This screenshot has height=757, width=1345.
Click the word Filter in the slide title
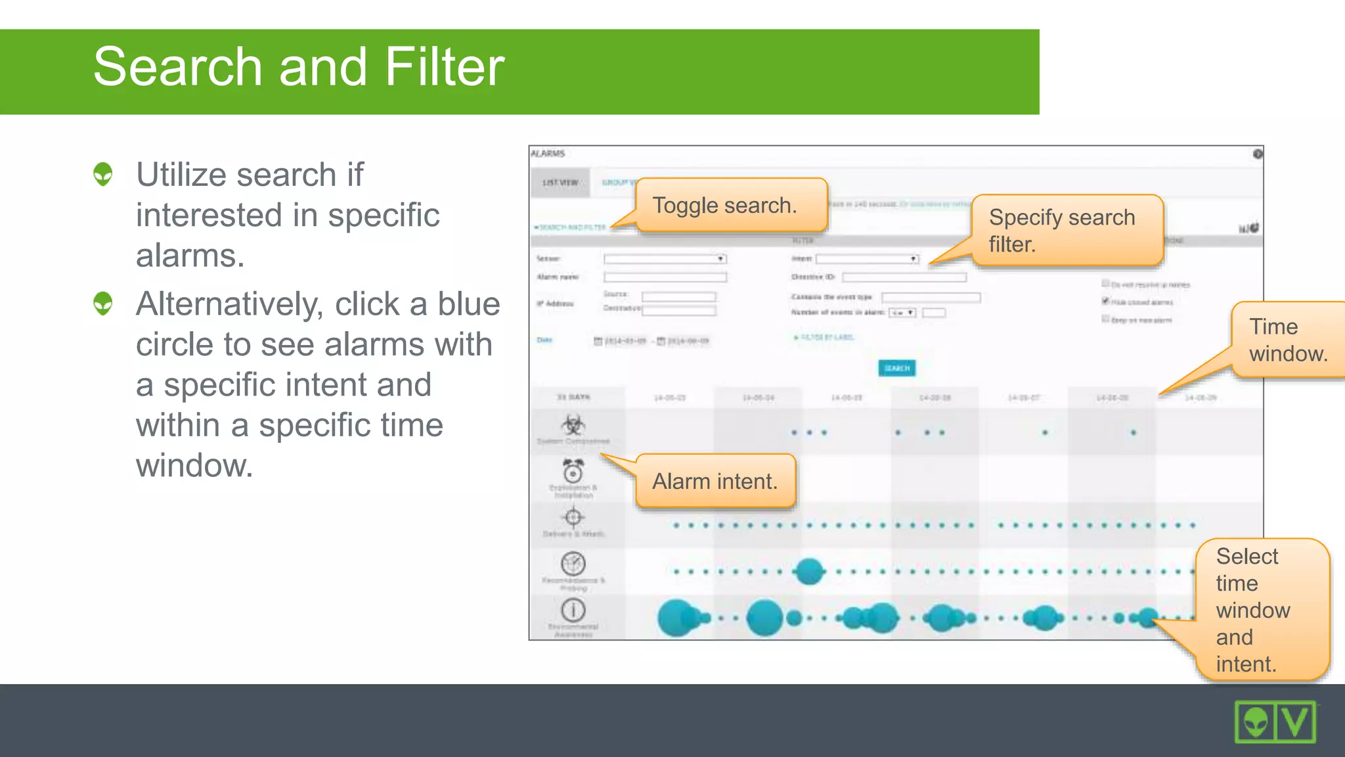click(x=445, y=67)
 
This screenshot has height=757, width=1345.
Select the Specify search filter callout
click(x=1067, y=230)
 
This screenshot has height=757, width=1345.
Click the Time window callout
click(x=1287, y=340)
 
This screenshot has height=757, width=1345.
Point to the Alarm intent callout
click(x=715, y=481)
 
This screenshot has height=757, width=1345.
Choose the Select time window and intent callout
click(x=1261, y=609)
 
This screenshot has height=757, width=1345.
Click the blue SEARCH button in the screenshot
click(x=896, y=368)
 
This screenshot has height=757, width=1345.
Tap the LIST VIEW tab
click(x=560, y=183)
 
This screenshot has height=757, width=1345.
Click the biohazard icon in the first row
click(x=573, y=424)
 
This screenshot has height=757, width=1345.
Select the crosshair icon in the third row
click(x=573, y=518)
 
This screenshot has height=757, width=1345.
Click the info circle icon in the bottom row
click(x=573, y=610)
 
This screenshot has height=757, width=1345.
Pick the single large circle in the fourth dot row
click(x=809, y=571)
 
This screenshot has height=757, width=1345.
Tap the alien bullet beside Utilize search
click(x=103, y=175)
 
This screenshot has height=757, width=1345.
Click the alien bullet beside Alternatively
click(x=103, y=304)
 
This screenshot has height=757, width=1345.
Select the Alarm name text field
click(x=665, y=277)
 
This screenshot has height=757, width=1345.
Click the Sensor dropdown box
click(x=665, y=259)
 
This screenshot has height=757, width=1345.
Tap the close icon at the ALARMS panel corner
click(x=1257, y=154)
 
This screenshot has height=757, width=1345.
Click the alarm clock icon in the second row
click(x=573, y=471)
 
